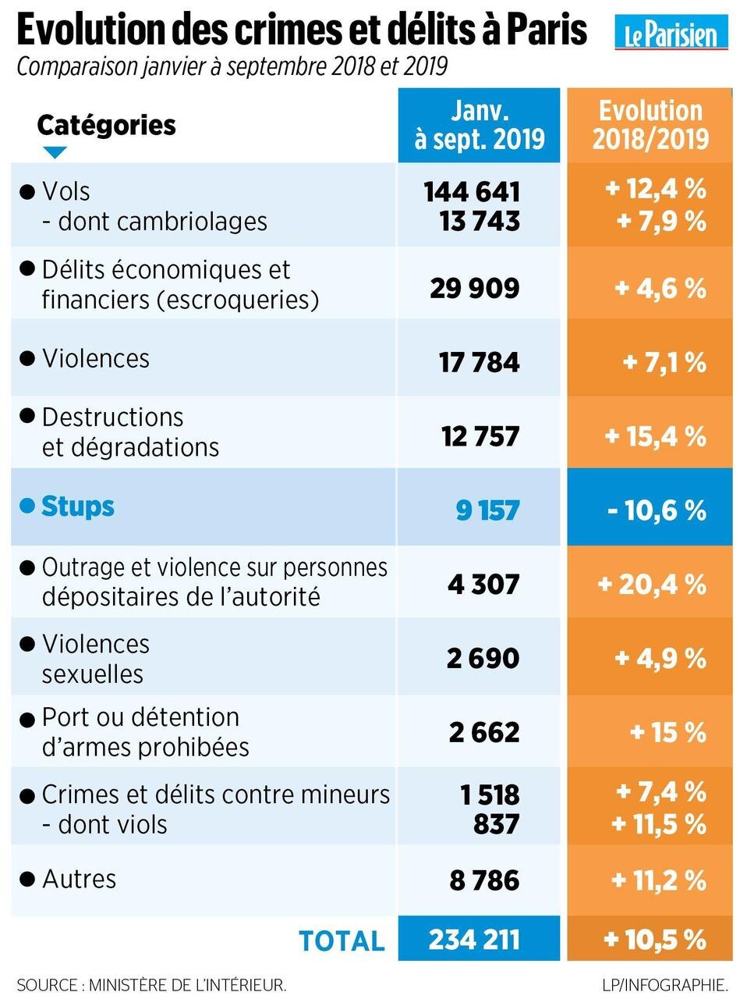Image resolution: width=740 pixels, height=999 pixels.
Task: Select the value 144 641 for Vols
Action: tap(472, 192)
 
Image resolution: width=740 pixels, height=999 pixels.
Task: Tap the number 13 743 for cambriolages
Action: tap(480, 222)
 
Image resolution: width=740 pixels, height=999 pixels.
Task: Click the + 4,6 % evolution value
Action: tap(660, 288)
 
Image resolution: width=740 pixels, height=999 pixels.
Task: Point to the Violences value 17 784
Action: tap(479, 362)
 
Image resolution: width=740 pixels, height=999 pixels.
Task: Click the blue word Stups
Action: tap(77, 507)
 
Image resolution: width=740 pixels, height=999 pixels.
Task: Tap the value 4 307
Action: tap(483, 584)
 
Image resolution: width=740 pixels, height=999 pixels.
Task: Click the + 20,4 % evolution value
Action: tap(652, 584)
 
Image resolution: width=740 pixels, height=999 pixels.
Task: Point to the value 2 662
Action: tap(483, 733)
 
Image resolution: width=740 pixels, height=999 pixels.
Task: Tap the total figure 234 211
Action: tap(474, 939)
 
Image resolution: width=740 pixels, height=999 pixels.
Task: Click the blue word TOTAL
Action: tap(342, 940)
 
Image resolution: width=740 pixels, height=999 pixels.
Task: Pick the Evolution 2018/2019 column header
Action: tap(650, 125)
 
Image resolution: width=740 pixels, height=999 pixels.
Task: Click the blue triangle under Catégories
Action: tap(55, 152)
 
